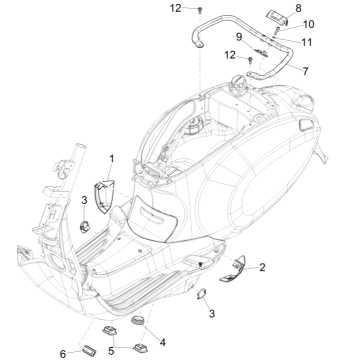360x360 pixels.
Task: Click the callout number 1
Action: [x=112, y=159]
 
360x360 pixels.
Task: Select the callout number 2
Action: [x=262, y=267]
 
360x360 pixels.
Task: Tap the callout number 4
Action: [x=162, y=342]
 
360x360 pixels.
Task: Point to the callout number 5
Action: [x=111, y=351]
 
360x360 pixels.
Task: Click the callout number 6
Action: [x=63, y=354]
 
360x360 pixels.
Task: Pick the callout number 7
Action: [x=305, y=71]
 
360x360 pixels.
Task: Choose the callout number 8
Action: [x=298, y=8]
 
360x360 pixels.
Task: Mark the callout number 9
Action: [x=239, y=37]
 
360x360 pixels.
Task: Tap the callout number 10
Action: [x=308, y=24]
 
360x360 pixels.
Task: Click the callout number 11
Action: [x=306, y=42]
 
